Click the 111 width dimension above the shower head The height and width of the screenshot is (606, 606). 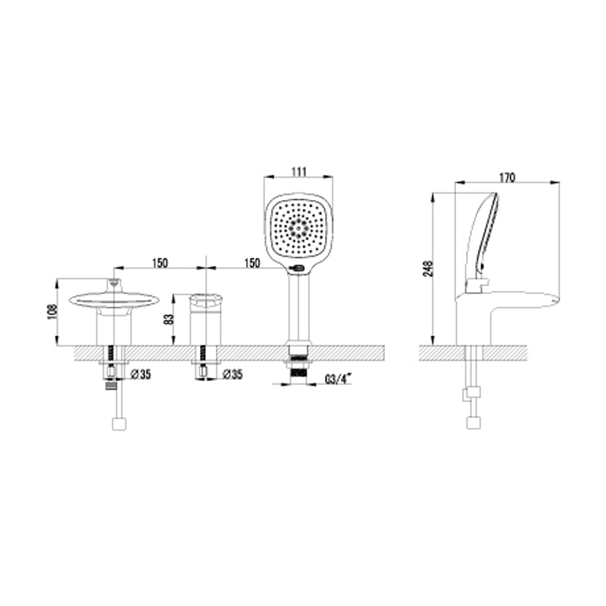point(298,172)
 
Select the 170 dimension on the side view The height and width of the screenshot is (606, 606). point(508,177)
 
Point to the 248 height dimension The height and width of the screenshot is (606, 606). point(429,268)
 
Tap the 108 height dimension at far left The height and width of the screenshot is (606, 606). point(52,312)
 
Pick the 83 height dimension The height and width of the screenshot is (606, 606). point(170,319)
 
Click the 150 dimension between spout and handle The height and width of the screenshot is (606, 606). point(160,263)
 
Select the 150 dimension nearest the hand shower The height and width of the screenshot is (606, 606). point(252,263)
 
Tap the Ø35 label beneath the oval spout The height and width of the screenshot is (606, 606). point(141,374)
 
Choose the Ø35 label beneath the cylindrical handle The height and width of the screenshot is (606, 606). point(233,374)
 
